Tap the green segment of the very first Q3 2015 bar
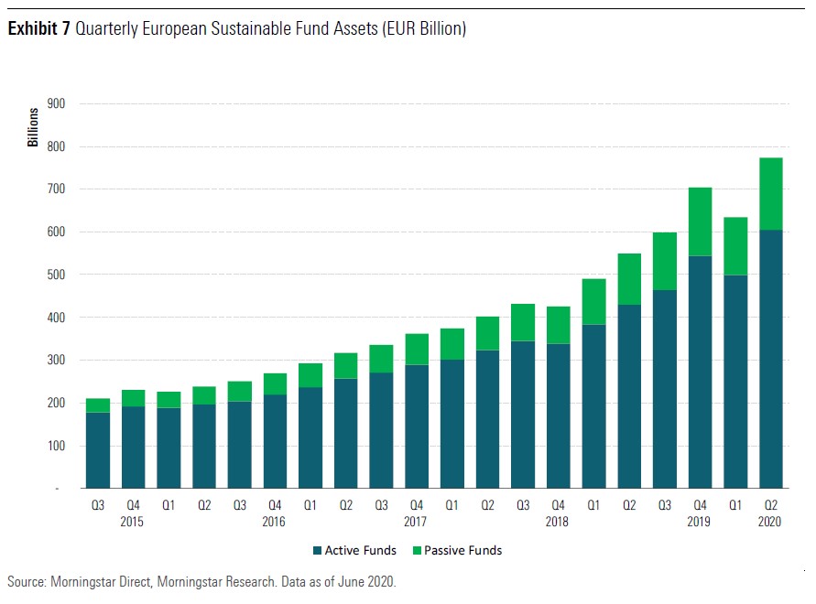tap(97, 405)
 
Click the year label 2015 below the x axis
tap(133, 523)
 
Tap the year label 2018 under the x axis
tap(556, 523)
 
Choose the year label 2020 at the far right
tap(770, 523)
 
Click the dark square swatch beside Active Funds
tap(317, 551)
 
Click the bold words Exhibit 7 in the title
tap(38, 29)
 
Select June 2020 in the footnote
tap(365, 582)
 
